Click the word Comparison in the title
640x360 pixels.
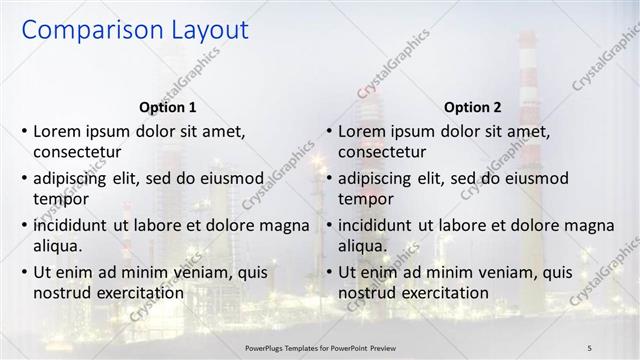pos(83,32)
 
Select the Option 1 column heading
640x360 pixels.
pos(166,107)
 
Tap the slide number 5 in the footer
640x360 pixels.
pos(590,346)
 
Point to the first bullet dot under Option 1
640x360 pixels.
pos(24,132)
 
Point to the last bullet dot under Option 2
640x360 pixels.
pos(329,272)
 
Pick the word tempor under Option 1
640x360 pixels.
pos(58,199)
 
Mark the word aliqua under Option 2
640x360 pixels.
pos(362,246)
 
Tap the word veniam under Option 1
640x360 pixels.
pos(180,271)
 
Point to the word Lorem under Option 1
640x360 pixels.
pos(57,131)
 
